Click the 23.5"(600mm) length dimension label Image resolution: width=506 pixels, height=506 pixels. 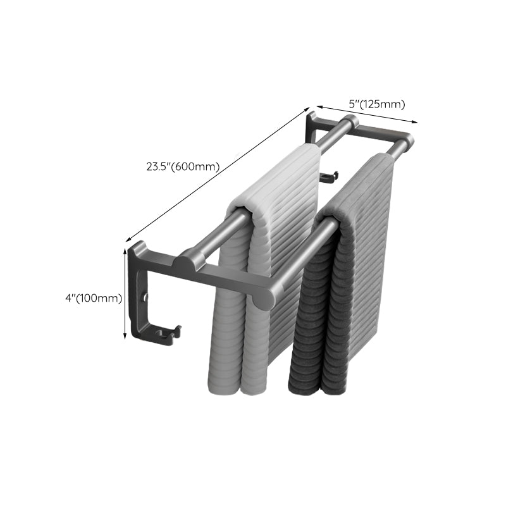(x=183, y=167)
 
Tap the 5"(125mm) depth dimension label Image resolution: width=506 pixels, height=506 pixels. (x=378, y=104)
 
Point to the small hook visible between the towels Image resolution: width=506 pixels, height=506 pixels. (x=329, y=176)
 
